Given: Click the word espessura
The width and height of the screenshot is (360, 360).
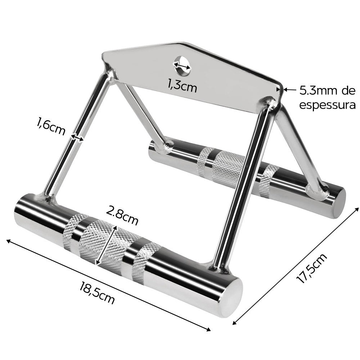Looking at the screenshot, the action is pyautogui.click(x=327, y=105).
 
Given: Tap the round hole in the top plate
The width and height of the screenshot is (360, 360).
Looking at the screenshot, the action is pyautogui.click(x=182, y=66).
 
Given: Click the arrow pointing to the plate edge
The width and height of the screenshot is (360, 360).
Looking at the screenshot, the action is pyautogui.click(x=290, y=90).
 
